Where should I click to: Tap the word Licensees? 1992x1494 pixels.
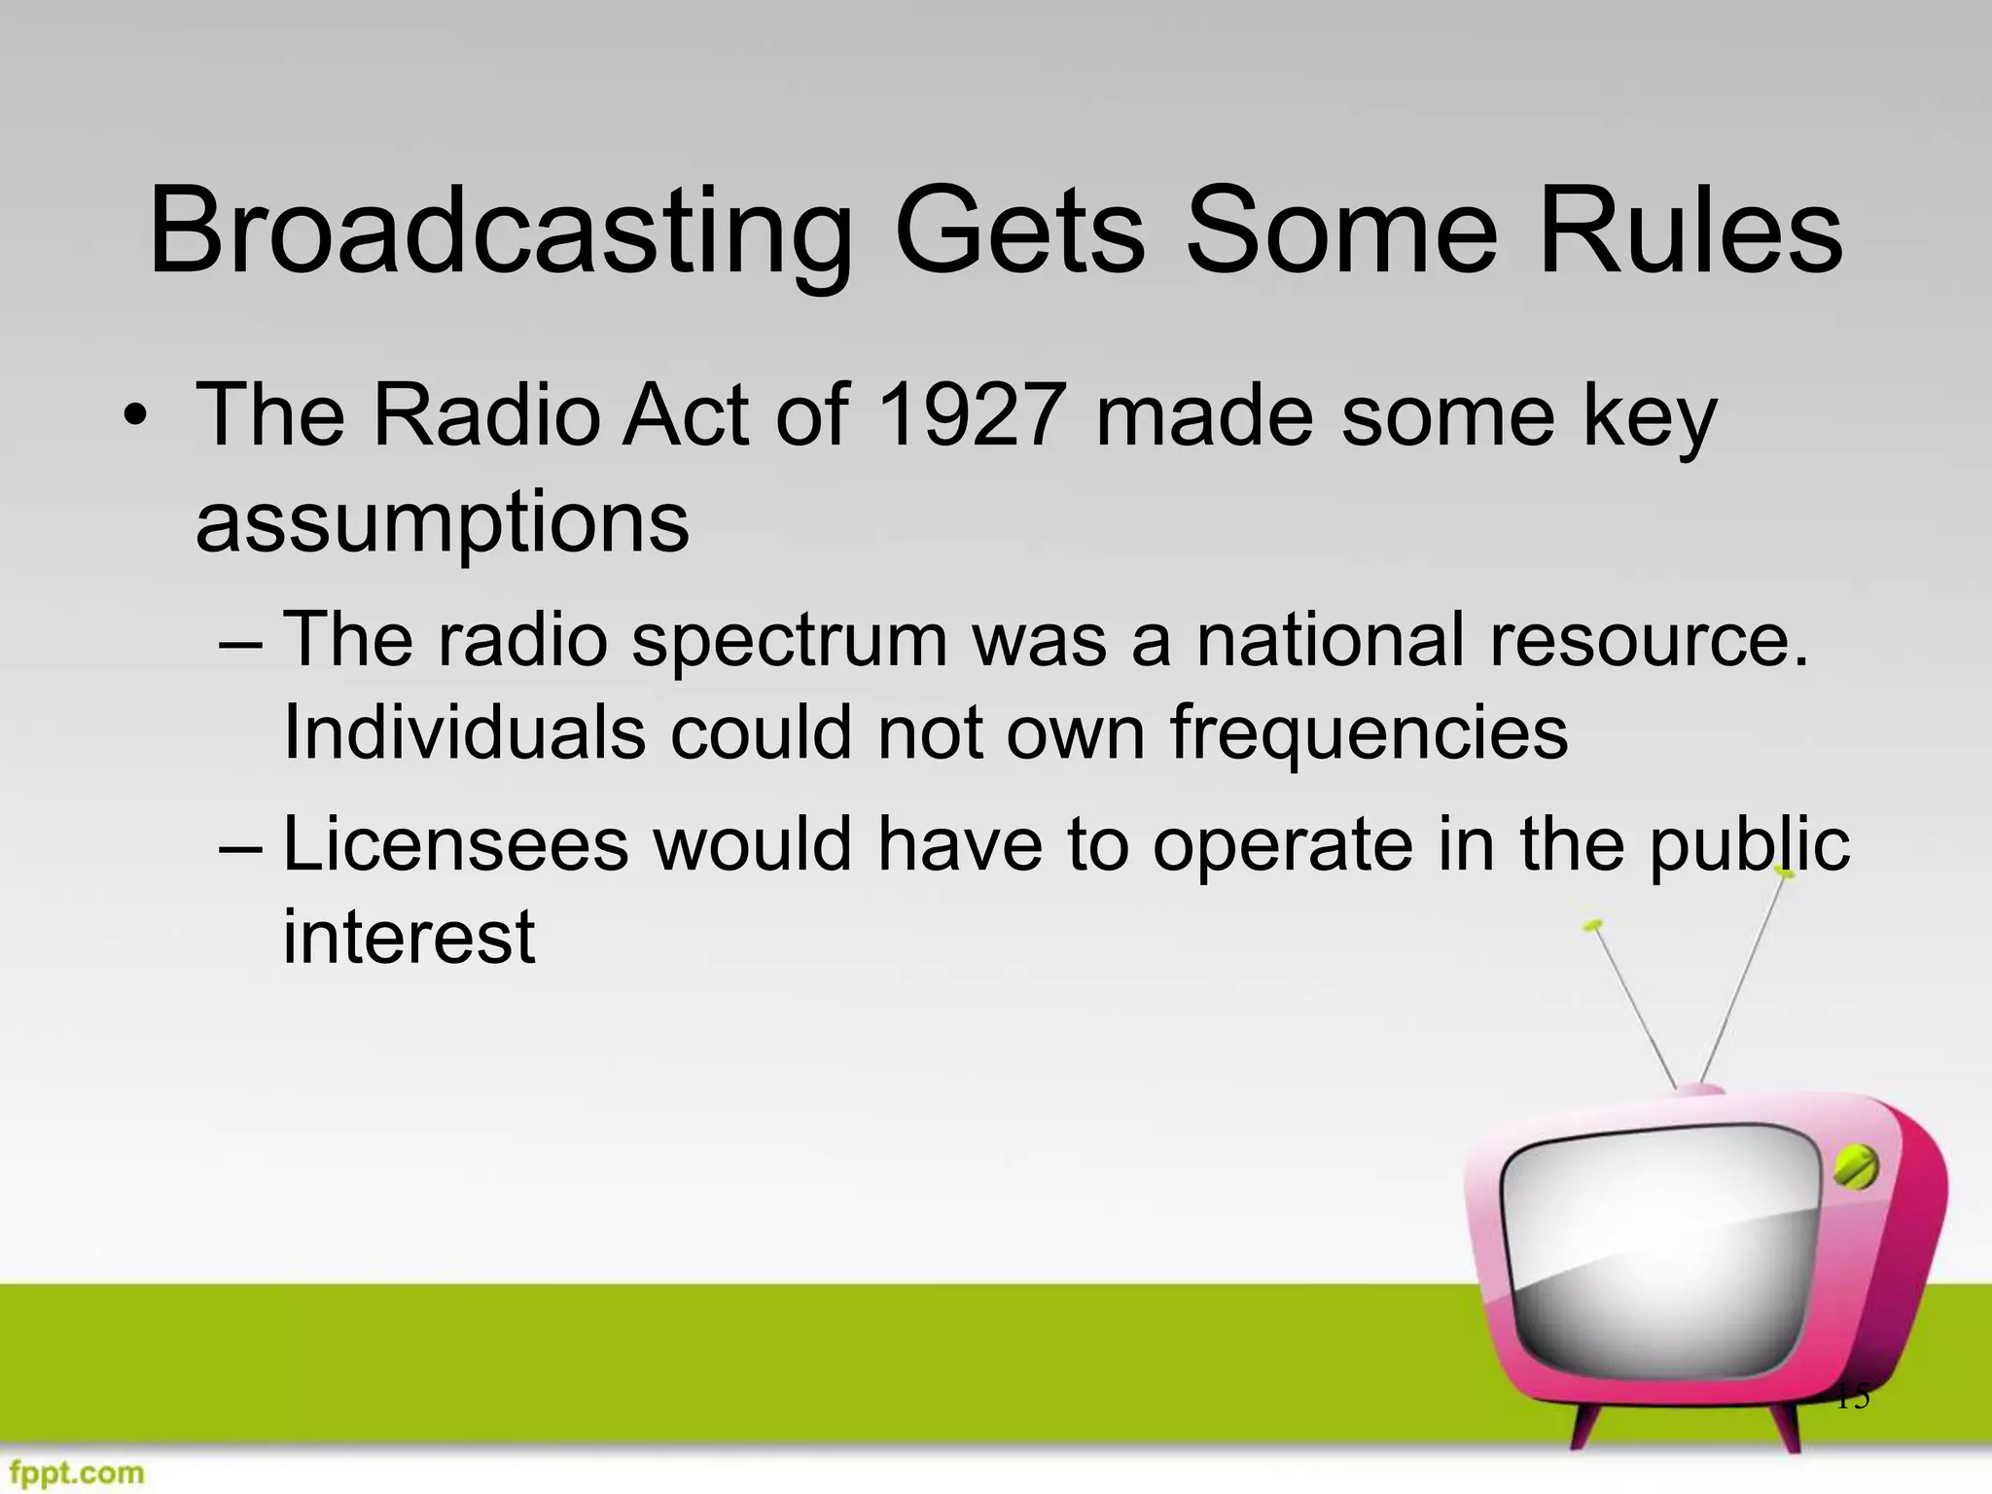pos(455,844)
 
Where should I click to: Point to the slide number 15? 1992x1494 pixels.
pos(1852,1397)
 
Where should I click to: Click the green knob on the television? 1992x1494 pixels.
pos(1854,1167)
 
